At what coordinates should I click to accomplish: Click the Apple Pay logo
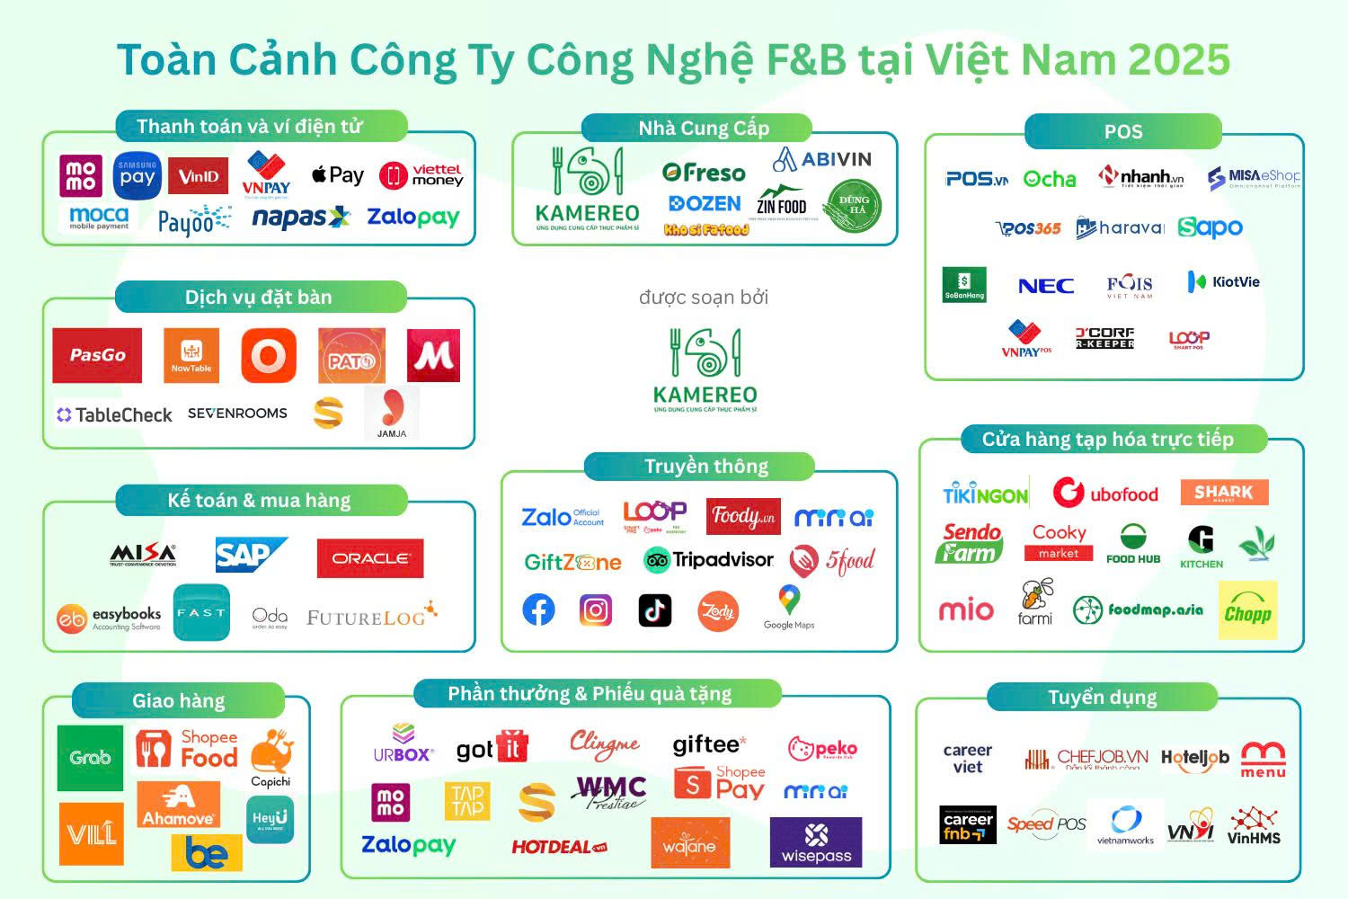pyautogui.click(x=338, y=175)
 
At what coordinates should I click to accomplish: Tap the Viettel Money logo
pyautogui.click(x=421, y=175)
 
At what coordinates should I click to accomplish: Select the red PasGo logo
pyautogui.click(x=97, y=355)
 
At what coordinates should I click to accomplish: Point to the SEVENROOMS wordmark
pyautogui.click(x=237, y=414)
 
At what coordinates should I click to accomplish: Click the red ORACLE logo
pyautogui.click(x=370, y=558)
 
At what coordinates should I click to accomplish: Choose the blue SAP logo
pyautogui.click(x=250, y=556)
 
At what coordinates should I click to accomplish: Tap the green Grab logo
pyautogui.click(x=90, y=758)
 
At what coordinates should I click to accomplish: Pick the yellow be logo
pyautogui.click(x=207, y=852)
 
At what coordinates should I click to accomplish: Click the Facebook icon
pyautogui.click(x=539, y=610)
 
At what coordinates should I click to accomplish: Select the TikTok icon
pyautogui.click(x=654, y=610)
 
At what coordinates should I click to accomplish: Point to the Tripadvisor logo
pyautogui.click(x=708, y=560)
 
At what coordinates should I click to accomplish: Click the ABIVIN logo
pyautogui.click(x=822, y=160)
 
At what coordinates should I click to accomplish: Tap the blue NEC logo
pyautogui.click(x=1046, y=286)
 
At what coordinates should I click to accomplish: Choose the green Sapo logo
pyautogui.click(x=1210, y=227)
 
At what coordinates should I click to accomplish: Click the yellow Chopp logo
pyautogui.click(x=1247, y=611)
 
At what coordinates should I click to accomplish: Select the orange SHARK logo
pyautogui.click(x=1223, y=492)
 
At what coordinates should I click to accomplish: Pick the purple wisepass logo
pyautogui.click(x=816, y=843)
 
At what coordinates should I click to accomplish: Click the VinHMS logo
pyautogui.click(x=1254, y=825)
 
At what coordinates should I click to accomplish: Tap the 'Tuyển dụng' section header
pyautogui.click(x=1102, y=698)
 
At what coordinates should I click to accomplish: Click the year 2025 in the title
pyautogui.click(x=1179, y=60)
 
